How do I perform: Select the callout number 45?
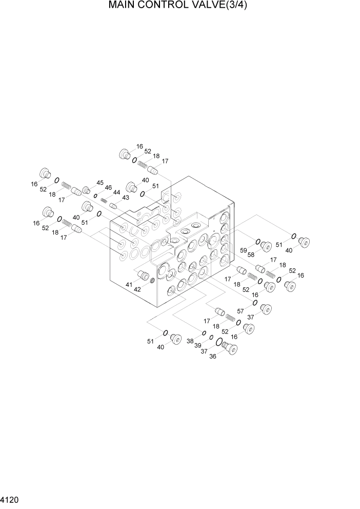[x=99, y=183]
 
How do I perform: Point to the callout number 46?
[x=108, y=188]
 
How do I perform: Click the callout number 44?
[x=117, y=192]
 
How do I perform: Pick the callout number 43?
[x=125, y=198]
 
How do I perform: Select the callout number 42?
[x=137, y=289]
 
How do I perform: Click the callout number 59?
[x=244, y=250]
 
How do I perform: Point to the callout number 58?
[x=252, y=255]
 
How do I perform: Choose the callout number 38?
[x=190, y=341]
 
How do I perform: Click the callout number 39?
[x=197, y=346]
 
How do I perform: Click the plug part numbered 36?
[x=231, y=349]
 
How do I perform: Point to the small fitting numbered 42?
[x=152, y=280]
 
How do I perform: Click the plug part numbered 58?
[x=266, y=247]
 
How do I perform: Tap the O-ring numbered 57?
[x=254, y=303]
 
